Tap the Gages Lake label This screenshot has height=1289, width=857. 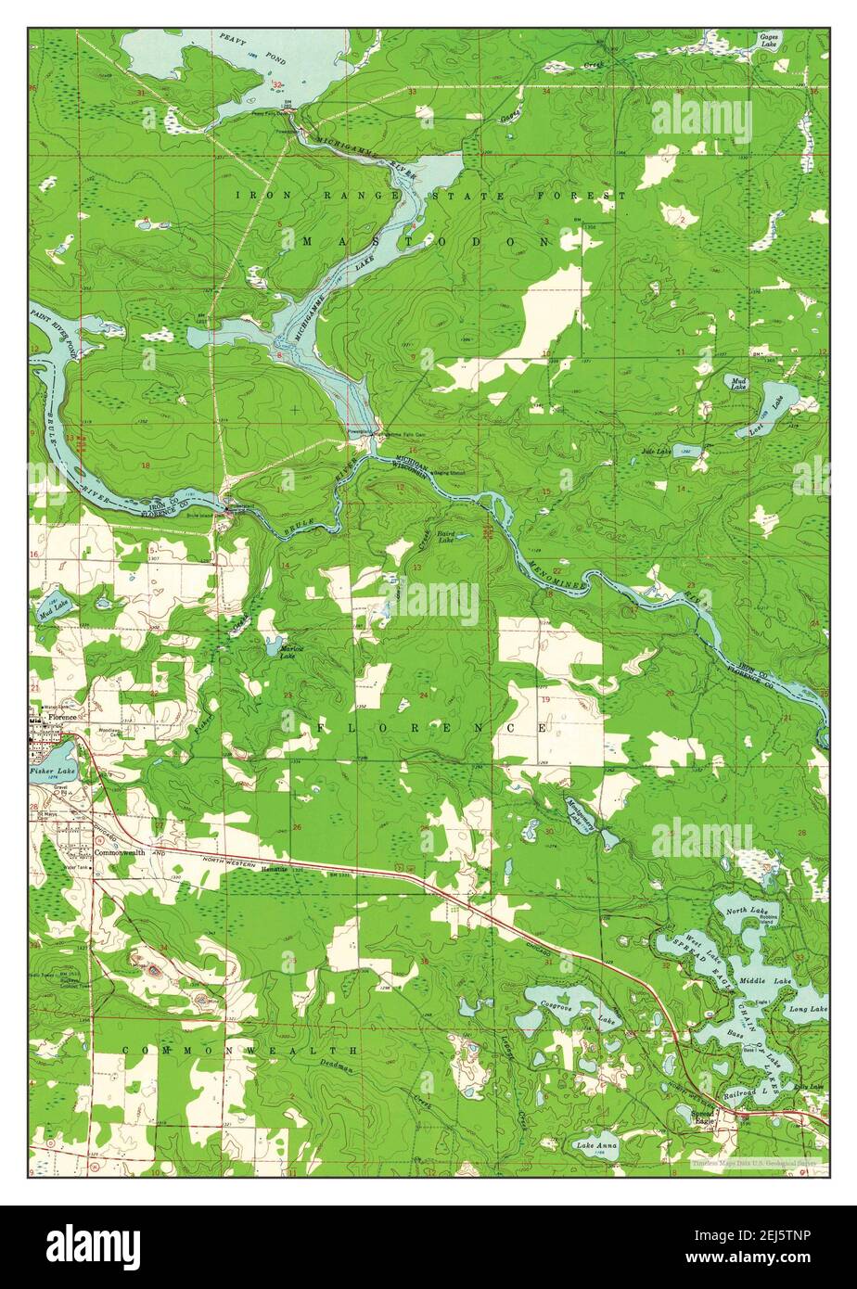point(769,39)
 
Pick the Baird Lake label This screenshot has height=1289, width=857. point(446,537)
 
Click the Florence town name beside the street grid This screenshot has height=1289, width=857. point(63,717)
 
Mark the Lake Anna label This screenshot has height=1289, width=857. point(595,1146)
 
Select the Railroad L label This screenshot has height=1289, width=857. point(748,1094)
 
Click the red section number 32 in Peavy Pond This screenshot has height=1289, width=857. point(277,84)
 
